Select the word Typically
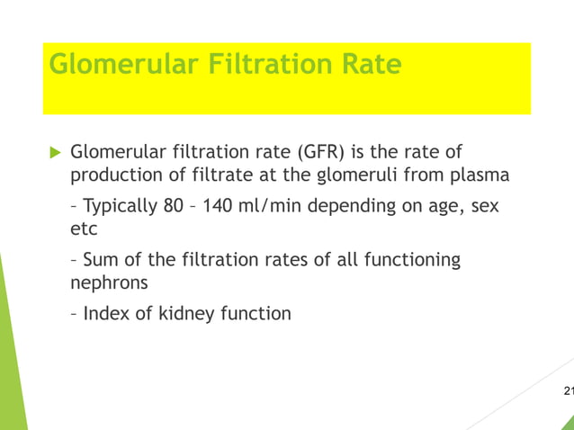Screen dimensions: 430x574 (x=120, y=207)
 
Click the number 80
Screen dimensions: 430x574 (x=173, y=206)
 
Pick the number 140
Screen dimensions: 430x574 (x=219, y=206)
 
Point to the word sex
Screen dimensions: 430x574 (x=485, y=207)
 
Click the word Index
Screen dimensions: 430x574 (x=106, y=314)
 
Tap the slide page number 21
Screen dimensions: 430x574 (x=567, y=391)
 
